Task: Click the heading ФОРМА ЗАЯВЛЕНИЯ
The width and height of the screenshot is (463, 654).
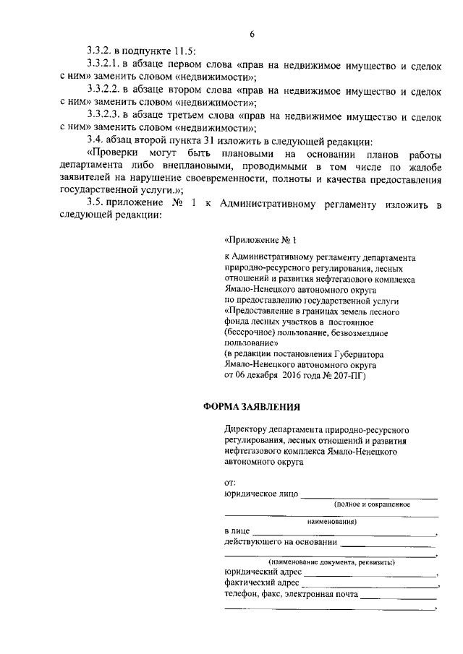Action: pyautogui.click(x=250, y=408)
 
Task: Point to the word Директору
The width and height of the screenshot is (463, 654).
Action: pyautogui.click(x=246, y=428)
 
